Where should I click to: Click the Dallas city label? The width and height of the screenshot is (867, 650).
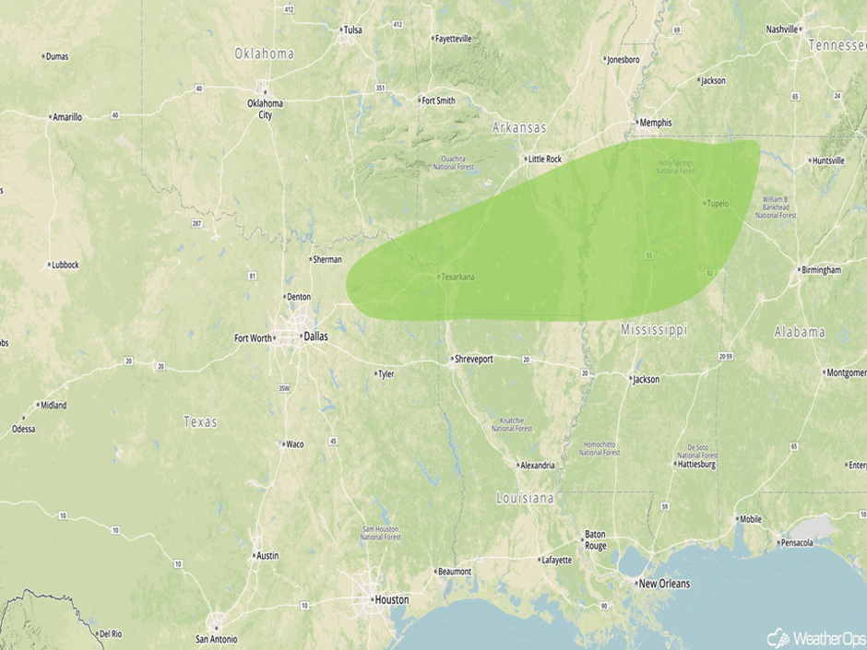315,337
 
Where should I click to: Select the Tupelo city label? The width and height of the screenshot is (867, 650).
718,204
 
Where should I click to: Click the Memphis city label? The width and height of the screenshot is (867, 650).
656,123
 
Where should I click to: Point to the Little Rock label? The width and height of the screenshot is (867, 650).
544,159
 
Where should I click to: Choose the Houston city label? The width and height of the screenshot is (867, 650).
390,599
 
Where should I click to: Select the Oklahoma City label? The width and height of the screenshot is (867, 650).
265,109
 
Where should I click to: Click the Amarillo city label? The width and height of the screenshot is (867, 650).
67,117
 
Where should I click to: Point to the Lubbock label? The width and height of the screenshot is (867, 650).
65,265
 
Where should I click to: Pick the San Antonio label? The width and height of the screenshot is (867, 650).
216,639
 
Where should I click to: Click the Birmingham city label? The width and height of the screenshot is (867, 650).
821,270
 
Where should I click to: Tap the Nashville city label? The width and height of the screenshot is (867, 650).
782,30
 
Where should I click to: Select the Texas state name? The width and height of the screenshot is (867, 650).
200,421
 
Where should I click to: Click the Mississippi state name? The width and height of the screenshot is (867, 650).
654,329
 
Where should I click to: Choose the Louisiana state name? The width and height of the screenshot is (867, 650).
525,498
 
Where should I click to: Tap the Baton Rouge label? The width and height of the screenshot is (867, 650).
595,539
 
